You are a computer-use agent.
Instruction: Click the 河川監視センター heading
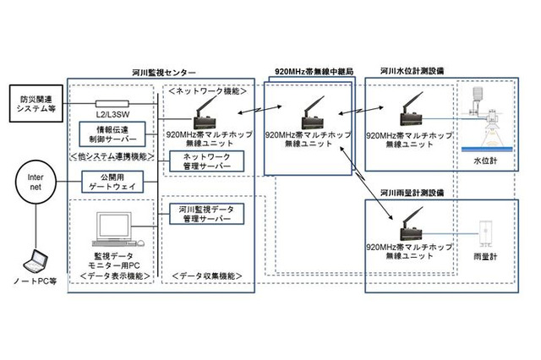pos(164,74)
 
